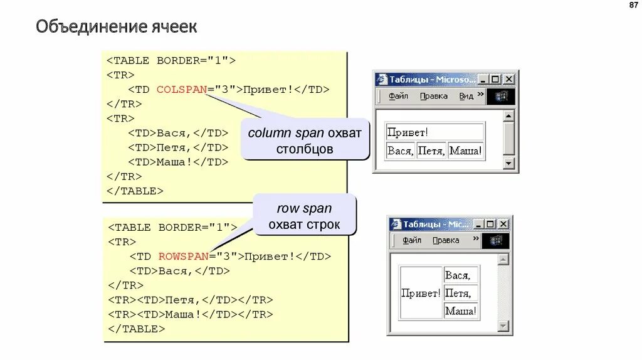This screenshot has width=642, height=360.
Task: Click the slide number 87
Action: point(632,6)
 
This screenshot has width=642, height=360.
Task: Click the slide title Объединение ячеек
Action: point(116,27)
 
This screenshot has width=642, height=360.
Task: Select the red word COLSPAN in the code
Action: point(182,90)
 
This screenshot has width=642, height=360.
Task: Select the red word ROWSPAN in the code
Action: point(183,257)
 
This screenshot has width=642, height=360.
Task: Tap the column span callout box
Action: point(305,140)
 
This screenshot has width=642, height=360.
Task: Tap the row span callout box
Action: point(305,216)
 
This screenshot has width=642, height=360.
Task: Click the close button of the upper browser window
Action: point(508,79)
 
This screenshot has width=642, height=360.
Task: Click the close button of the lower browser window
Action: point(502,224)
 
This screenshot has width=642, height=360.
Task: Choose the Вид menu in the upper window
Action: point(466,96)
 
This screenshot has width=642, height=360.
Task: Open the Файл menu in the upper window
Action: point(398,96)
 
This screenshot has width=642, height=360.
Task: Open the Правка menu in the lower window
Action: point(446,240)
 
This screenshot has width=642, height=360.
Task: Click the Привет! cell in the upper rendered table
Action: point(434,132)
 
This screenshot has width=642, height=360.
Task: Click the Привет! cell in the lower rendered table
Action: point(421,293)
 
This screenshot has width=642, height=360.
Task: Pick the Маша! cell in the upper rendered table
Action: point(465,151)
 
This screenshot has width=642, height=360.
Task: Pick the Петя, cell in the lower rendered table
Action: point(461,293)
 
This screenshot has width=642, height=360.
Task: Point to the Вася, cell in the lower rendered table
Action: point(461,275)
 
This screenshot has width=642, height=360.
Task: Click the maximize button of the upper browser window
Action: point(495,79)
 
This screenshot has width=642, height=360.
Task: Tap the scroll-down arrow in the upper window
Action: point(508,164)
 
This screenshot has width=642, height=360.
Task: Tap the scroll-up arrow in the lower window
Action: point(503,259)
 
